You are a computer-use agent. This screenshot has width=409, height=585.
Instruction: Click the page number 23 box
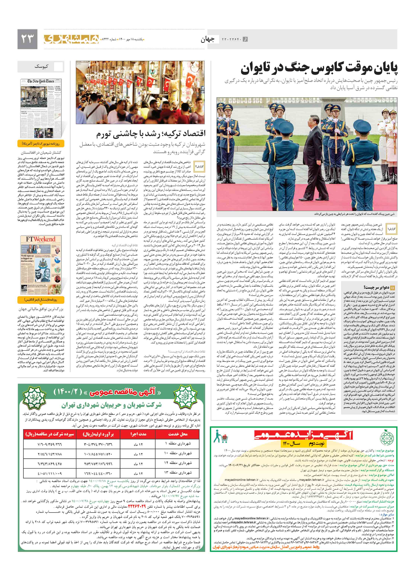[x=27, y=39]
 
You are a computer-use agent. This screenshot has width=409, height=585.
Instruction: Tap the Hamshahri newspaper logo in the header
[x=71, y=39]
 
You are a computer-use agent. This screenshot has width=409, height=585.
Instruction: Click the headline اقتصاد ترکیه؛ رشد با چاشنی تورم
[x=151, y=133]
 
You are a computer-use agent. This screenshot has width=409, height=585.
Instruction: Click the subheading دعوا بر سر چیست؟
[x=375, y=287]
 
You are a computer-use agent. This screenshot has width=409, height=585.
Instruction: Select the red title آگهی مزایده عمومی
[x=303, y=435]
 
